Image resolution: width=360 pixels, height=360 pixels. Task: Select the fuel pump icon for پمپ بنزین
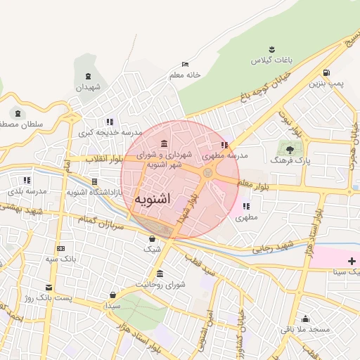326,73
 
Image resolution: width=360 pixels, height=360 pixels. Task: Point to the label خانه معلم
185,75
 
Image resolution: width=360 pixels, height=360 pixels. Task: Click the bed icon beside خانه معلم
185,64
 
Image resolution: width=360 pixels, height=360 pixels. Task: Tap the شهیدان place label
89,87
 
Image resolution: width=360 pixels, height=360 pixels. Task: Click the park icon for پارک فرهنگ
288,148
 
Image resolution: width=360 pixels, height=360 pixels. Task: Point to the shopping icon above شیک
152,238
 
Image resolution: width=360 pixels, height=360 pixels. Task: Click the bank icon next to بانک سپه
60,248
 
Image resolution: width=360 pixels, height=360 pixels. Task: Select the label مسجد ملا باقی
305,329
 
